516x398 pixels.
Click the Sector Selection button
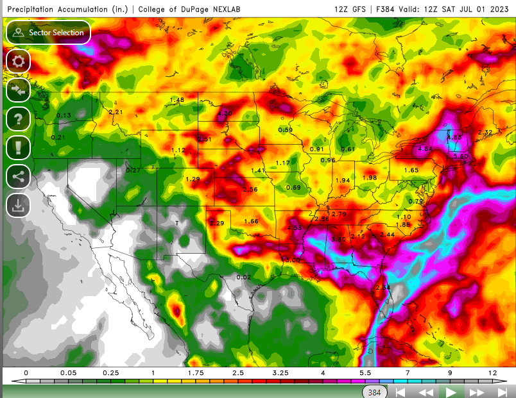[x=48, y=32]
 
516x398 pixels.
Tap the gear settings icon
[x=18, y=62]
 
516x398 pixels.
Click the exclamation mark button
[x=18, y=147]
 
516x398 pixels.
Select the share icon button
[x=18, y=176]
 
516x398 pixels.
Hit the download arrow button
[x=18, y=205]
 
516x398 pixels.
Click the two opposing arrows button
[x=18, y=90]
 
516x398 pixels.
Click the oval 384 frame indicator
[x=374, y=392]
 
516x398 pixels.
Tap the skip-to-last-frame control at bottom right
[x=501, y=392]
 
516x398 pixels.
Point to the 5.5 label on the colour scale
[x=365, y=372]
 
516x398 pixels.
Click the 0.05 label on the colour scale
[x=67, y=372]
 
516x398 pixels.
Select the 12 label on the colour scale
[x=492, y=372]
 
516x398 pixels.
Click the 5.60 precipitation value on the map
[x=461, y=156]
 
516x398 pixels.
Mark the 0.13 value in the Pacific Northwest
[x=64, y=115]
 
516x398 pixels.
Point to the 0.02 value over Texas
[x=243, y=277]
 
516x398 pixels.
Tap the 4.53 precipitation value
[x=294, y=228]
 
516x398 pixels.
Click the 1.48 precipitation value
[x=176, y=100]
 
